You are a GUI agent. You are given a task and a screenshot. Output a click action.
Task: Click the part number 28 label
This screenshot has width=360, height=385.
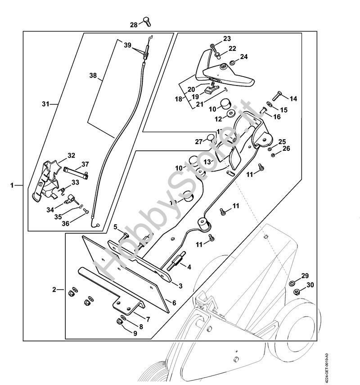pyautogui.click(x=133, y=25)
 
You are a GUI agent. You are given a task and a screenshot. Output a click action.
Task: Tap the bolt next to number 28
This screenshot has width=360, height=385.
pyautogui.click(x=146, y=20)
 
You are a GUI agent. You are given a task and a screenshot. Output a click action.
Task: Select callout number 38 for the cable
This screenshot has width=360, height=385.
pyautogui.click(x=93, y=77)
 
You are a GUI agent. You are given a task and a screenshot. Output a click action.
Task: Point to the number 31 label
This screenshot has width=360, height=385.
pyautogui.click(x=45, y=104)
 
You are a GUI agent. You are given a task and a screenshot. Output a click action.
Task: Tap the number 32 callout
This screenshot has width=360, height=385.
pyautogui.click(x=71, y=156)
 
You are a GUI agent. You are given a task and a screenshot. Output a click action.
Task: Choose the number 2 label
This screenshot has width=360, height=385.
pyautogui.click(x=54, y=290)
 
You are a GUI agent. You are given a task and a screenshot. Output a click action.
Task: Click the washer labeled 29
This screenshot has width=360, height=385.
pyautogui.click(x=292, y=283)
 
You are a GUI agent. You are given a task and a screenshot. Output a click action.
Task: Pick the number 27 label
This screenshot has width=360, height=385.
pyautogui.click(x=198, y=141)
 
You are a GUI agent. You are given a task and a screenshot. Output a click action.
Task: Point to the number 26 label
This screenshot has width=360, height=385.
pyautogui.click(x=286, y=149)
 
